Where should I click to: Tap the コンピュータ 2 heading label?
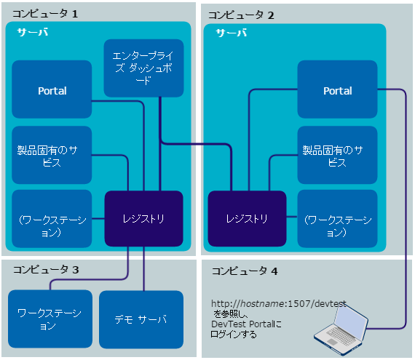pyautogui.click(x=241, y=15)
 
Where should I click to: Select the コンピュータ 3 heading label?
pyautogui.click(x=45, y=270)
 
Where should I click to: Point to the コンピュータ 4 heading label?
pyautogui.click(x=245, y=271)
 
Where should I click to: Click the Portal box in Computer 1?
pyautogui.click(x=52, y=90)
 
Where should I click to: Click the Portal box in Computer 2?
pyautogui.click(x=337, y=90)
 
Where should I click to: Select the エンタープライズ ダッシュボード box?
pyautogui.click(x=143, y=68)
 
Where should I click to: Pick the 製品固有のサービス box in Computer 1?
pyautogui.click(x=52, y=155)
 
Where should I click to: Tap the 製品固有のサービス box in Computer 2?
pyautogui.click(x=337, y=155)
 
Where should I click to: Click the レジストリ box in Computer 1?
pyautogui.click(x=143, y=218)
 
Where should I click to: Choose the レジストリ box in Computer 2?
pyautogui.click(x=246, y=218)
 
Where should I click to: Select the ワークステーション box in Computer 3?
pyautogui.click(x=50, y=319)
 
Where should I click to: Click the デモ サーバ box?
pyautogui.click(x=140, y=319)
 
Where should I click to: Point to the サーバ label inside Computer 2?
pyautogui.click(x=231, y=33)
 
